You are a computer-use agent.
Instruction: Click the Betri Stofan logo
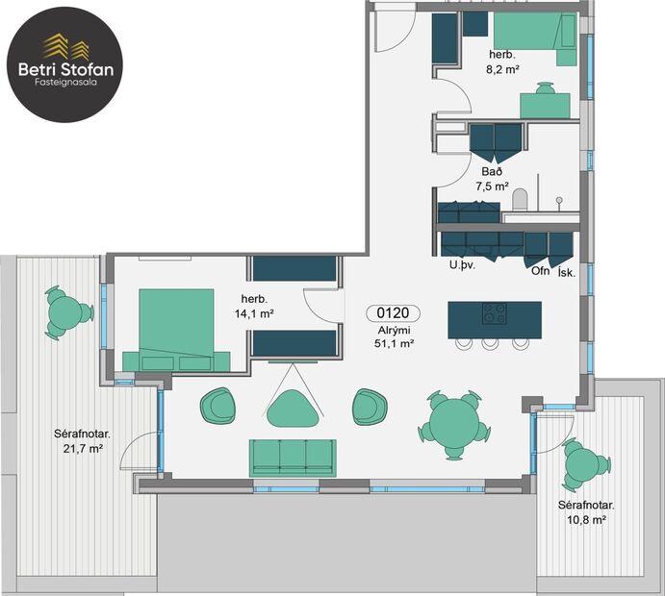(x=64, y=60)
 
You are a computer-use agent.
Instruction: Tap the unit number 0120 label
(x=393, y=312)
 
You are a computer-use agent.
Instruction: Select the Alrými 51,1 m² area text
(x=395, y=335)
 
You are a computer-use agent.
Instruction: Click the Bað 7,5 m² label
(x=493, y=179)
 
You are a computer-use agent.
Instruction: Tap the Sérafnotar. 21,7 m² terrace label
(x=82, y=441)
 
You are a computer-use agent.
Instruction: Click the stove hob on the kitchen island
(x=495, y=312)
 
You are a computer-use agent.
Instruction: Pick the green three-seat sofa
(x=293, y=457)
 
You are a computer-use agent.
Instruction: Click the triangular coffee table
(x=292, y=405)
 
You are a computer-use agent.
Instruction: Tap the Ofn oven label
(x=540, y=270)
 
